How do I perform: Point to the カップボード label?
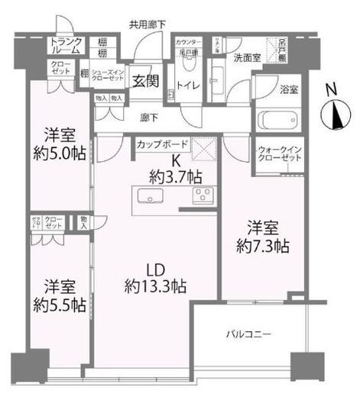pos(161,144)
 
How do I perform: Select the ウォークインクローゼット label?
pos(279,153)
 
